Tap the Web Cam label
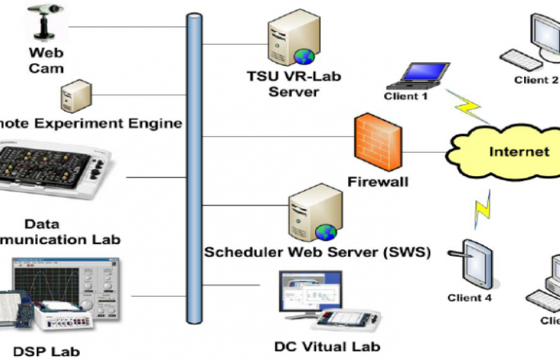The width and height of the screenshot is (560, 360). point(46,61)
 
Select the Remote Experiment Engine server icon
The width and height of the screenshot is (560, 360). point(70,98)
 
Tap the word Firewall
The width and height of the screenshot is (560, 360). point(378,182)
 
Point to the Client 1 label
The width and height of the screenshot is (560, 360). point(406,97)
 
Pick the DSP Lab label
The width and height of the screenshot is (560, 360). point(46,350)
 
